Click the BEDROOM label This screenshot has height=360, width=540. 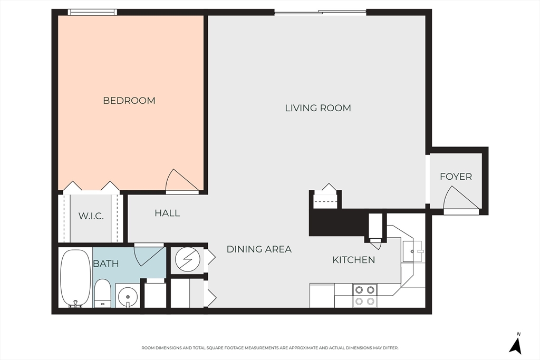tap(129, 101)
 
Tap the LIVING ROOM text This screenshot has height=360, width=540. tap(318, 108)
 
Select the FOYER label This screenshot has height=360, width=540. tap(456, 177)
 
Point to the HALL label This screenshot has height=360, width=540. tap(167, 213)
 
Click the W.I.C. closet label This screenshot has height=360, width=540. tap(91, 216)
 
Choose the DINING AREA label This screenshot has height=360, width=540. tap(259, 249)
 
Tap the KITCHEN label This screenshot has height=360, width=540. tap(354, 260)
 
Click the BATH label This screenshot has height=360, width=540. tap(106, 264)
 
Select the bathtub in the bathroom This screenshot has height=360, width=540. tap(76, 278)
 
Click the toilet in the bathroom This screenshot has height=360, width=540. tap(102, 293)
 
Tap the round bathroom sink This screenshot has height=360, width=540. tap(128, 296)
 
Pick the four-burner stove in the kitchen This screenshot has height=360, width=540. tap(365, 295)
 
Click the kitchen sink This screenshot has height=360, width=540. tap(412, 251)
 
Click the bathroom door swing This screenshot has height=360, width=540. tap(149, 255)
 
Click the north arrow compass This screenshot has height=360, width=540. tap(515, 344)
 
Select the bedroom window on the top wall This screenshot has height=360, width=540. tap(92, 13)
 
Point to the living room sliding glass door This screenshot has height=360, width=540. tap(320, 13)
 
